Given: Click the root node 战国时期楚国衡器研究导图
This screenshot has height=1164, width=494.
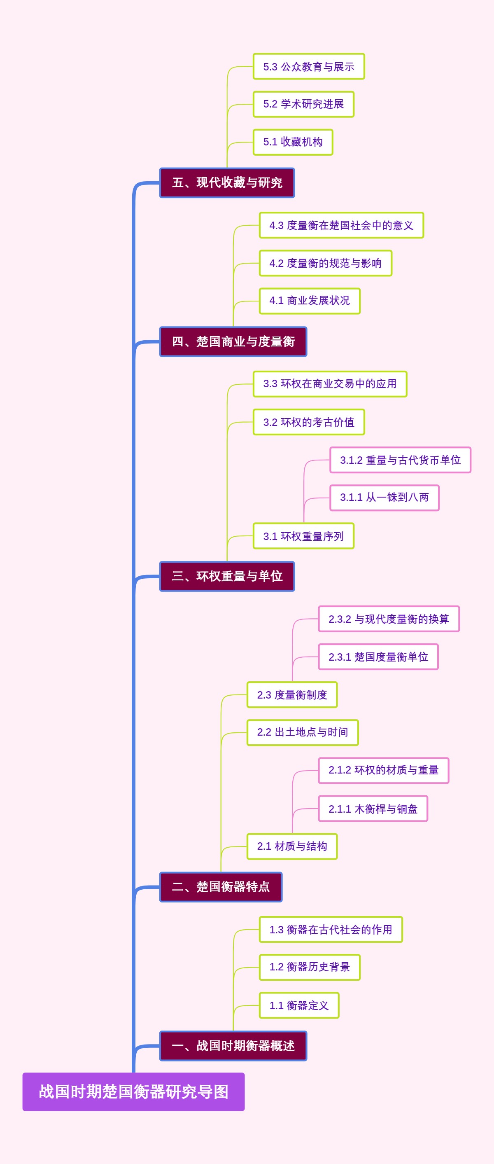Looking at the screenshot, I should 133,1091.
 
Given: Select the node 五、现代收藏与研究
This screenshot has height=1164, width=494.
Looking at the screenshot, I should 227,182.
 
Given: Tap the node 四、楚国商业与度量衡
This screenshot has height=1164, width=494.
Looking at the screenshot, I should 233,341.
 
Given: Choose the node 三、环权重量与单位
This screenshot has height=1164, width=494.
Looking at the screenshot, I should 227,576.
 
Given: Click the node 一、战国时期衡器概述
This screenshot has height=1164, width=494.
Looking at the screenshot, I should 233,1046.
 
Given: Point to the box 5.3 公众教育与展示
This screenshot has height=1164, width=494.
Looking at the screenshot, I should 308,66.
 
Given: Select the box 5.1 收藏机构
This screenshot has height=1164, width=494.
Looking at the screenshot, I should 293,142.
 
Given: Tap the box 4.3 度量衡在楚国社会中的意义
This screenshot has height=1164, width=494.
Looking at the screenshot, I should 341,225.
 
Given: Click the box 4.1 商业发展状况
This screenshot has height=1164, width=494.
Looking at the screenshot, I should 309,301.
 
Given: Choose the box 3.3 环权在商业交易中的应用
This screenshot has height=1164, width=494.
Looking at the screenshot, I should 330,384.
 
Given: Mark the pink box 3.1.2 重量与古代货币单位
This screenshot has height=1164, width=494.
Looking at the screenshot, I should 400,460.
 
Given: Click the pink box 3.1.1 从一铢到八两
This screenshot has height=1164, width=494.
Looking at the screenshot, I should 384,498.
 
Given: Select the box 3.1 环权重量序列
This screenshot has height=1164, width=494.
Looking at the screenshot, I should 303,536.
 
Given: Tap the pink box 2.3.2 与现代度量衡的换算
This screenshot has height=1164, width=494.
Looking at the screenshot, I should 388,619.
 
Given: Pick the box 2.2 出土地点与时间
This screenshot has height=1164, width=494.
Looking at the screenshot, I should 302,732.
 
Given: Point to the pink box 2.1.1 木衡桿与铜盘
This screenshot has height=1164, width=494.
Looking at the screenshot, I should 373,809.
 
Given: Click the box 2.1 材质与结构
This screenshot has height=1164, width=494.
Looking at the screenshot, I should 292,846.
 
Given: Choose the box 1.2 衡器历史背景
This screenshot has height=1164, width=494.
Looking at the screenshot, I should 309,967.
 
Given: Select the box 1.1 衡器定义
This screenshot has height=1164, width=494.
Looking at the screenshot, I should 298,1005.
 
